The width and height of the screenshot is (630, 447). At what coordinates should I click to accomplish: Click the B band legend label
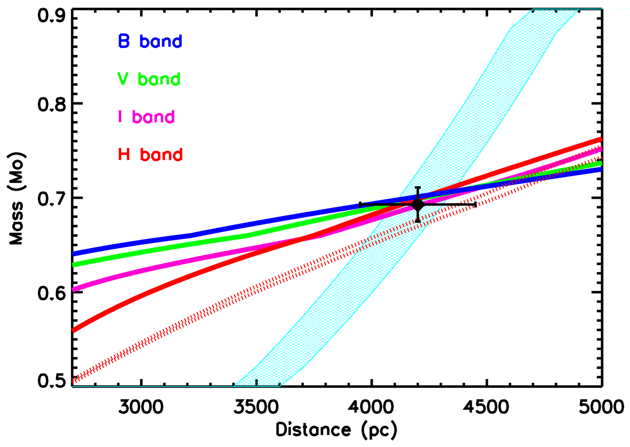[150, 41]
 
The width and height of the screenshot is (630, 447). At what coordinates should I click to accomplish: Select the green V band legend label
[149, 79]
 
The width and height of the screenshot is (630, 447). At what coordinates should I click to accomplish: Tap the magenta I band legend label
[146, 117]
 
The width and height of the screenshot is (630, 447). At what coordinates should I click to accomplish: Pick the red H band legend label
[150, 154]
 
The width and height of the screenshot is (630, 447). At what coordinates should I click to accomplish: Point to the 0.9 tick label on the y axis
[52, 16]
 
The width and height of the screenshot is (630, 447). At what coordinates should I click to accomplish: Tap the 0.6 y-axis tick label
[52, 294]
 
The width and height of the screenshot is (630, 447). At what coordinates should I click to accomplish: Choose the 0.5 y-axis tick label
[52, 381]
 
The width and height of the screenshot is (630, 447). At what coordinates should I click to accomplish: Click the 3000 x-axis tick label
[141, 407]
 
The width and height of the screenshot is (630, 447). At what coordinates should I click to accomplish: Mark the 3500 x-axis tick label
[256, 407]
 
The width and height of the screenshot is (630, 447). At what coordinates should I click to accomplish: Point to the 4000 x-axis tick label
[371, 407]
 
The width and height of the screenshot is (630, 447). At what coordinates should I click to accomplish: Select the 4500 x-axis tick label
[486, 407]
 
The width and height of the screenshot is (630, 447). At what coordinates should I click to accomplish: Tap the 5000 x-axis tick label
[601, 407]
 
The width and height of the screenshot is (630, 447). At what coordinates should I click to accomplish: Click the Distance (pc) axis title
[336, 430]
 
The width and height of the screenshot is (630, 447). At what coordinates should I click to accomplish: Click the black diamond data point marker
[418, 205]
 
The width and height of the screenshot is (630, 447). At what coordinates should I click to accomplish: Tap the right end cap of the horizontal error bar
[475, 205]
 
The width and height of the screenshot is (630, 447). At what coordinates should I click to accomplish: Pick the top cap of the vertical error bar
[418, 187]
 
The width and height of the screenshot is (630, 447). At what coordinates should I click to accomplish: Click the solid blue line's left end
[74, 253]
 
